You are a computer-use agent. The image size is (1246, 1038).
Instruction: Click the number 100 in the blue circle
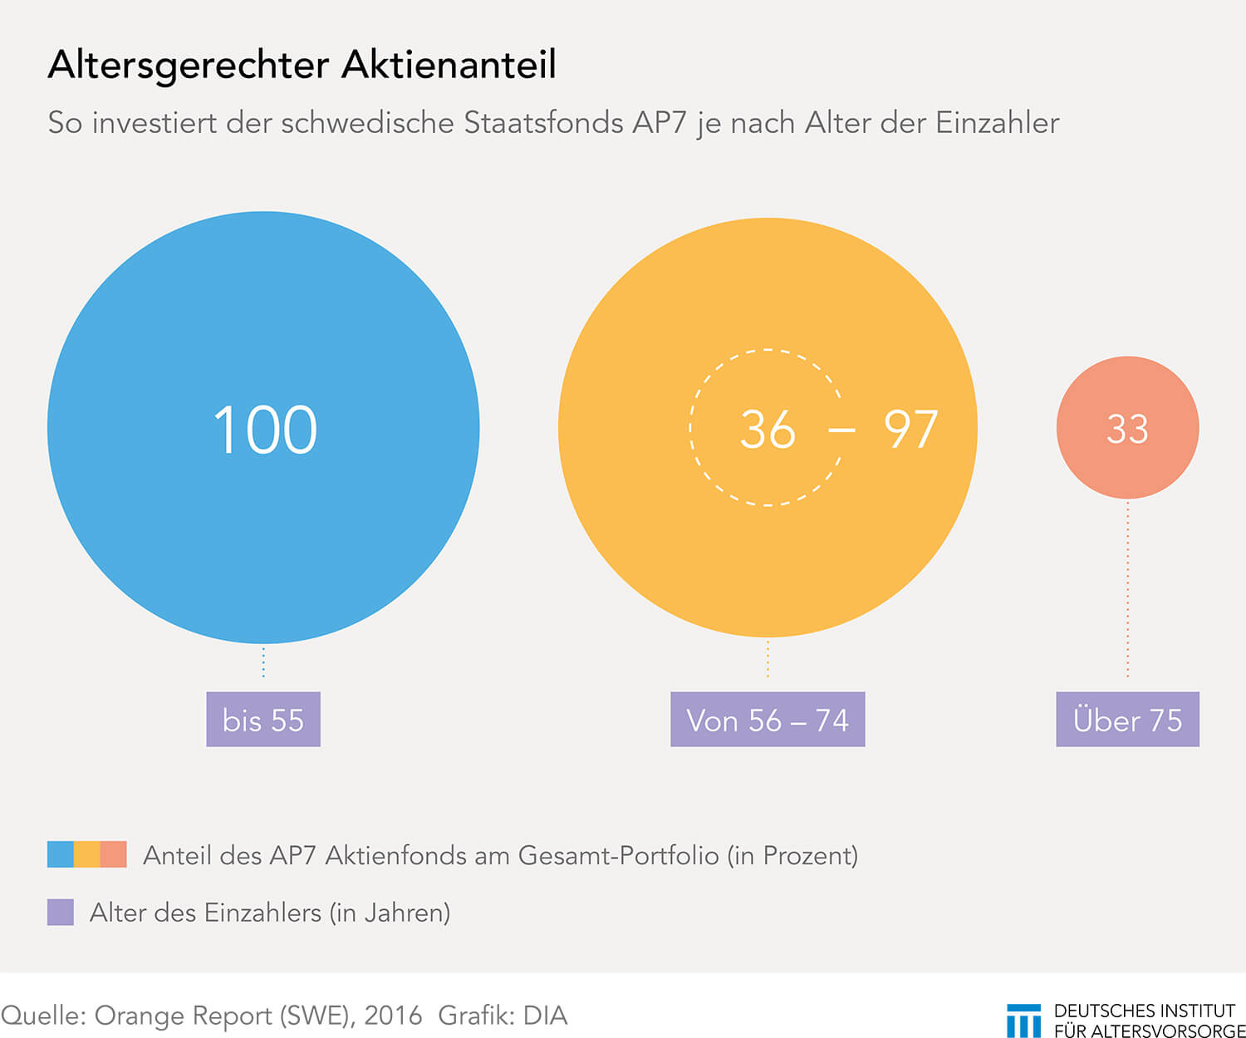click(x=265, y=430)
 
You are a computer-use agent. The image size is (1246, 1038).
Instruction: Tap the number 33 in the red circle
click(x=1127, y=429)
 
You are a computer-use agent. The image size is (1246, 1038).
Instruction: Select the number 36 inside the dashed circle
click(x=768, y=430)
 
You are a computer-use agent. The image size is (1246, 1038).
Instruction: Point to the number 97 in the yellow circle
click(x=910, y=430)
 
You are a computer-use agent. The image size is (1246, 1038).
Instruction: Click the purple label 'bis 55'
click(x=263, y=720)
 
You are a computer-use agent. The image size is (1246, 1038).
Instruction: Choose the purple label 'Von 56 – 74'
click(x=768, y=720)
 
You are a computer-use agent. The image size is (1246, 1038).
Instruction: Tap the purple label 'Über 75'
click(x=1127, y=720)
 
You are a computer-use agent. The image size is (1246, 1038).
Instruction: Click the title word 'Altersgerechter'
click(x=189, y=66)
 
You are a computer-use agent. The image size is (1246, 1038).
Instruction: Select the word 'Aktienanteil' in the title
click(x=449, y=65)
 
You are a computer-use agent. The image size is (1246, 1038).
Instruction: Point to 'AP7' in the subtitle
click(x=660, y=123)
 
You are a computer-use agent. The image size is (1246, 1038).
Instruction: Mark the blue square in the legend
click(x=61, y=854)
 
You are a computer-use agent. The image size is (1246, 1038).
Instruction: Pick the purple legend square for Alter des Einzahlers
click(x=61, y=912)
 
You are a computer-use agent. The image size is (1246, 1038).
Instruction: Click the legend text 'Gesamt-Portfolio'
click(x=618, y=855)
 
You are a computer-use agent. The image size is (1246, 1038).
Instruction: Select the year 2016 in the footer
click(x=393, y=1016)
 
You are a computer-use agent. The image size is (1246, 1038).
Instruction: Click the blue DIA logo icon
click(x=1023, y=1021)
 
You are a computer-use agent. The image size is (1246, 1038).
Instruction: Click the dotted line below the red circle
click(x=1127, y=590)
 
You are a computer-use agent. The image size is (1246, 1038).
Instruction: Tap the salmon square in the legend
click(x=114, y=854)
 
